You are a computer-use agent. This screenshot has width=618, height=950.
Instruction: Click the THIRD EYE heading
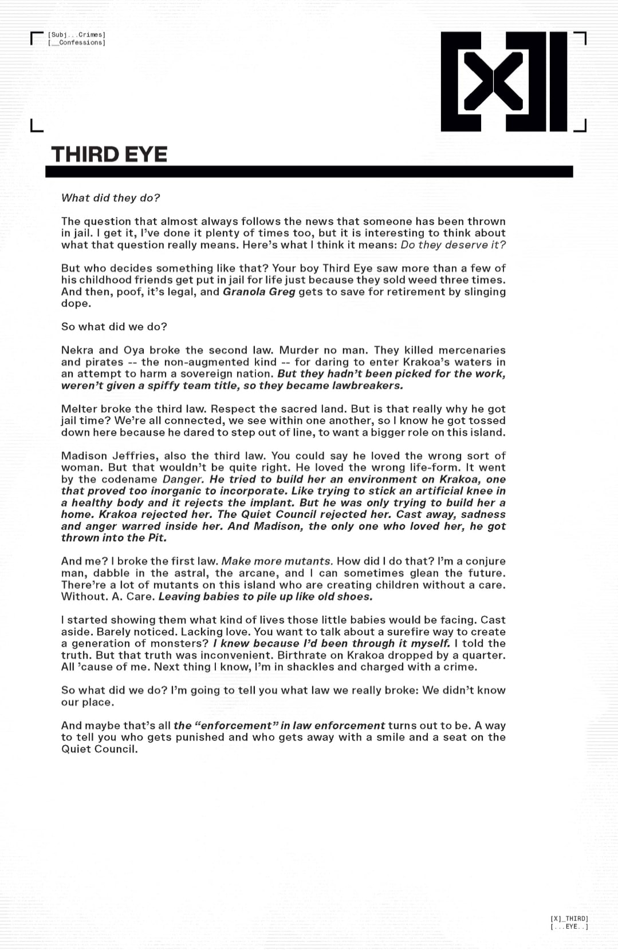(109, 154)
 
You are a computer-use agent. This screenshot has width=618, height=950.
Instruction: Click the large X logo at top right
(504, 82)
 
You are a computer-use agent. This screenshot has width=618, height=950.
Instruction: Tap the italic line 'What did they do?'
(111, 198)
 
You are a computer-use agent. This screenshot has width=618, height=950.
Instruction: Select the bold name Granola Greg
(259, 291)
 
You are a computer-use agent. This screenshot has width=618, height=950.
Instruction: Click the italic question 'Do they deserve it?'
(453, 245)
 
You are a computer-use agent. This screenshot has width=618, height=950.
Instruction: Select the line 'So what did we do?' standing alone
(114, 327)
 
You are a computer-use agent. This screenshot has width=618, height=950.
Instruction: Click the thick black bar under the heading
(309, 172)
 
